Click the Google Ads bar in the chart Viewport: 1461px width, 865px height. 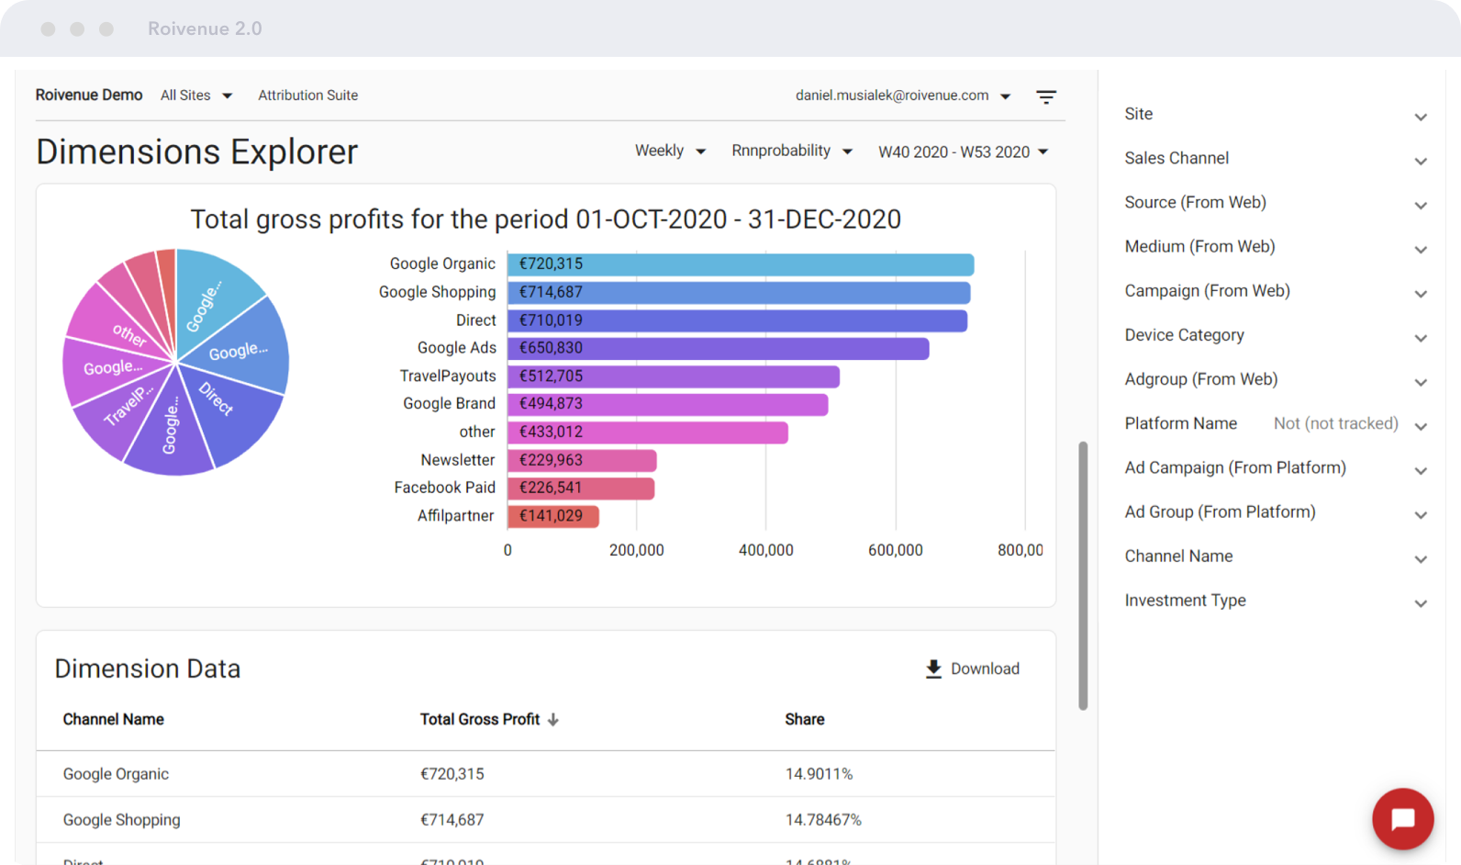click(x=718, y=349)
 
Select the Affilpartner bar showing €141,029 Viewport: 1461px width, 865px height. click(x=552, y=516)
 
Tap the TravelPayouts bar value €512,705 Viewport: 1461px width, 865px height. click(x=552, y=376)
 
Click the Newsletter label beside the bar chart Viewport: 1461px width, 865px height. click(x=457, y=460)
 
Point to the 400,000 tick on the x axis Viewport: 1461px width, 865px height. click(x=765, y=550)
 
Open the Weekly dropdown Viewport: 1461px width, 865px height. click(x=670, y=151)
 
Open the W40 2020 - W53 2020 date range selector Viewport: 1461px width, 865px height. click(x=963, y=152)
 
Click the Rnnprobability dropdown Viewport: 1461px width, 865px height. click(x=791, y=151)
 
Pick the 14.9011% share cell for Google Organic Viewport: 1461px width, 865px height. click(x=819, y=774)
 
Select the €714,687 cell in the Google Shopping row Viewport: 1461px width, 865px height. click(x=452, y=820)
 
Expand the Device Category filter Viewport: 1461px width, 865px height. click(x=1276, y=336)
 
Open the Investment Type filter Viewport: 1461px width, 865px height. click(x=1276, y=601)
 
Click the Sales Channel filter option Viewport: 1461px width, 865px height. click(x=1276, y=159)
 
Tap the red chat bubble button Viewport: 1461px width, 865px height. click(x=1402, y=818)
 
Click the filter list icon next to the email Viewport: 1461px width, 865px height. click(x=1046, y=96)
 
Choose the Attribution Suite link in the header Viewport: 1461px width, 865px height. click(x=307, y=95)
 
